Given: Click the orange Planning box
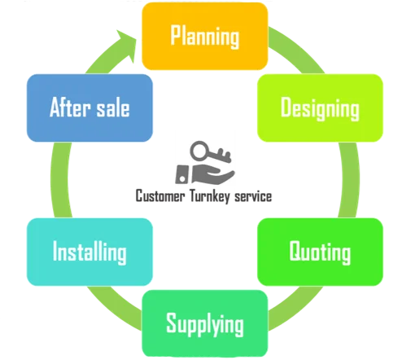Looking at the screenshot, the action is [x=205, y=37].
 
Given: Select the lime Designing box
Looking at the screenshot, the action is [x=320, y=108].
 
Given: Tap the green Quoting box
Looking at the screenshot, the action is [x=320, y=252].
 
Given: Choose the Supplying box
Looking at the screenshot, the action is [x=205, y=323].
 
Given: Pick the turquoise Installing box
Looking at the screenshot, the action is [x=89, y=252].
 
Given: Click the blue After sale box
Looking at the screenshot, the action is [x=89, y=108].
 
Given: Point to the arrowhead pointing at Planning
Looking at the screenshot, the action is [x=127, y=46].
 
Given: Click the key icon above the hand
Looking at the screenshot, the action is [x=211, y=152].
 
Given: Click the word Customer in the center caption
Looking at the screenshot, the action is [x=160, y=196].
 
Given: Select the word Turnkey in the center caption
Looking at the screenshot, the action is [x=210, y=196].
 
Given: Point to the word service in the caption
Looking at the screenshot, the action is [x=253, y=196].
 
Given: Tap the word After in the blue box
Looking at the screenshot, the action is [x=70, y=108].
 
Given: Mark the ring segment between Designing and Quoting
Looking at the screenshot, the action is [x=351, y=180].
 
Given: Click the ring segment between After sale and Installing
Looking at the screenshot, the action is [x=59, y=180].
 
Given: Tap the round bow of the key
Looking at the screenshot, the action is [x=200, y=151].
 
